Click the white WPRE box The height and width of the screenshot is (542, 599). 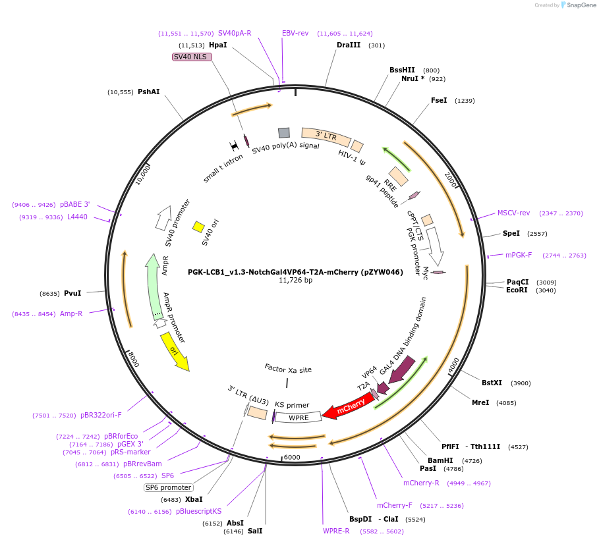(x=298, y=417)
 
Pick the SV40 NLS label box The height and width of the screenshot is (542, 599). (x=191, y=57)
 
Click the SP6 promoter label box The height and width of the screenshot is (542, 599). (x=169, y=487)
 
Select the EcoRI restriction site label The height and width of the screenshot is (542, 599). (x=517, y=290)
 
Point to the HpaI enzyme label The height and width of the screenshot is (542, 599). (x=217, y=45)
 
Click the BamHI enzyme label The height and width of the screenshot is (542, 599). (x=441, y=460)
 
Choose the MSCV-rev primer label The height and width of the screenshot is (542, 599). (x=513, y=213)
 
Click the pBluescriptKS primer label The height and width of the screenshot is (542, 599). (x=199, y=511)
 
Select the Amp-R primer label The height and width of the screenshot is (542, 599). (x=71, y=313)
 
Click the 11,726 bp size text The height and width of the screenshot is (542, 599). (x=295, y=280)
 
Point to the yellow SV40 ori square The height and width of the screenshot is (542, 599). (x=198, y=227)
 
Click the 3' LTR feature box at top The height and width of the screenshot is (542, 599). (x=326, y=136)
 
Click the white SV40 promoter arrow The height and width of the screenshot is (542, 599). (x=162, y=218)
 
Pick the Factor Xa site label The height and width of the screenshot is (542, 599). (x=288, y=369)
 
